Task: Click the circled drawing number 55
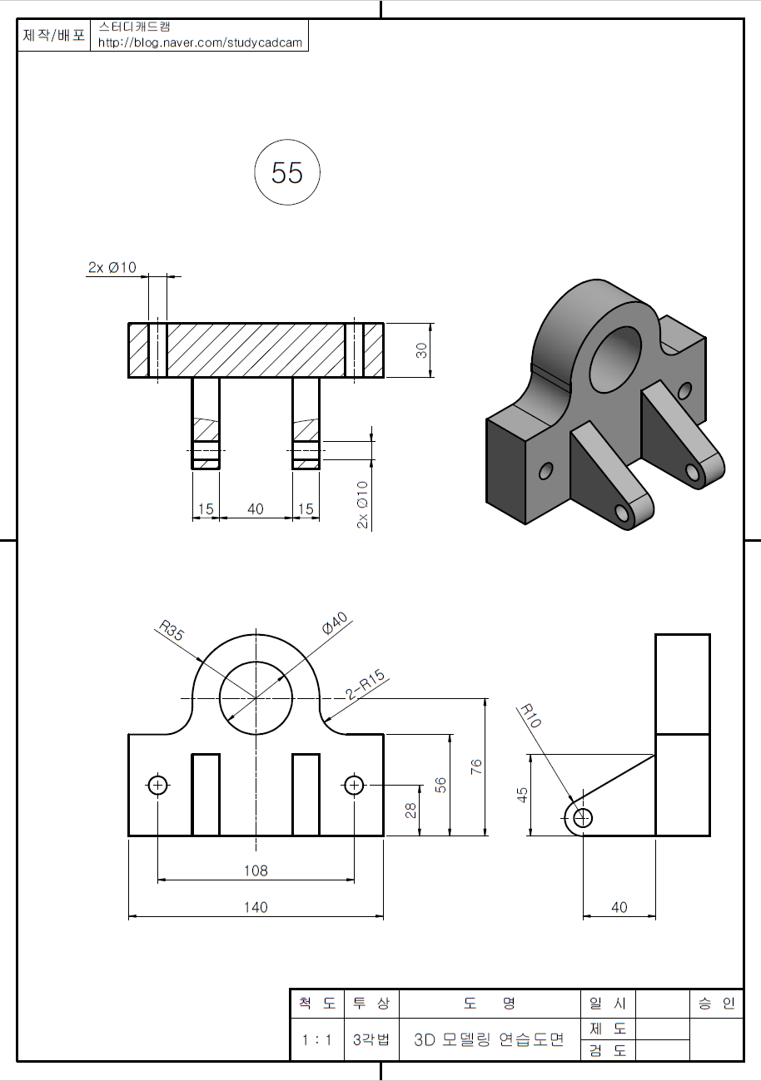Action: pos(287,173)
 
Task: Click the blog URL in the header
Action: pos(200,42)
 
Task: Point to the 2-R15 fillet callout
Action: pos(366,683)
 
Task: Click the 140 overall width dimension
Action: pos(256,907)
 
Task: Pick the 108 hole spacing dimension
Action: pos(256,870)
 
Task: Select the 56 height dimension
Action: pos(441,785)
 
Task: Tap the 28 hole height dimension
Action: pos(411,810)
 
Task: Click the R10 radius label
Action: pos(530,717)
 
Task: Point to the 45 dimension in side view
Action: pos(522,795)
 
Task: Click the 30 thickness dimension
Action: pos(422,350)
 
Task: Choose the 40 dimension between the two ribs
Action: pos(256,508)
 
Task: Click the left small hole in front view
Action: pos(157,784)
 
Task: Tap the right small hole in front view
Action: pos(354,784)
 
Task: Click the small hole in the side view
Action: pos(583,818)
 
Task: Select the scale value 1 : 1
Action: pos(316,1039)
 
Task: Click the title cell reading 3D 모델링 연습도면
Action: pos(489,1039)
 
